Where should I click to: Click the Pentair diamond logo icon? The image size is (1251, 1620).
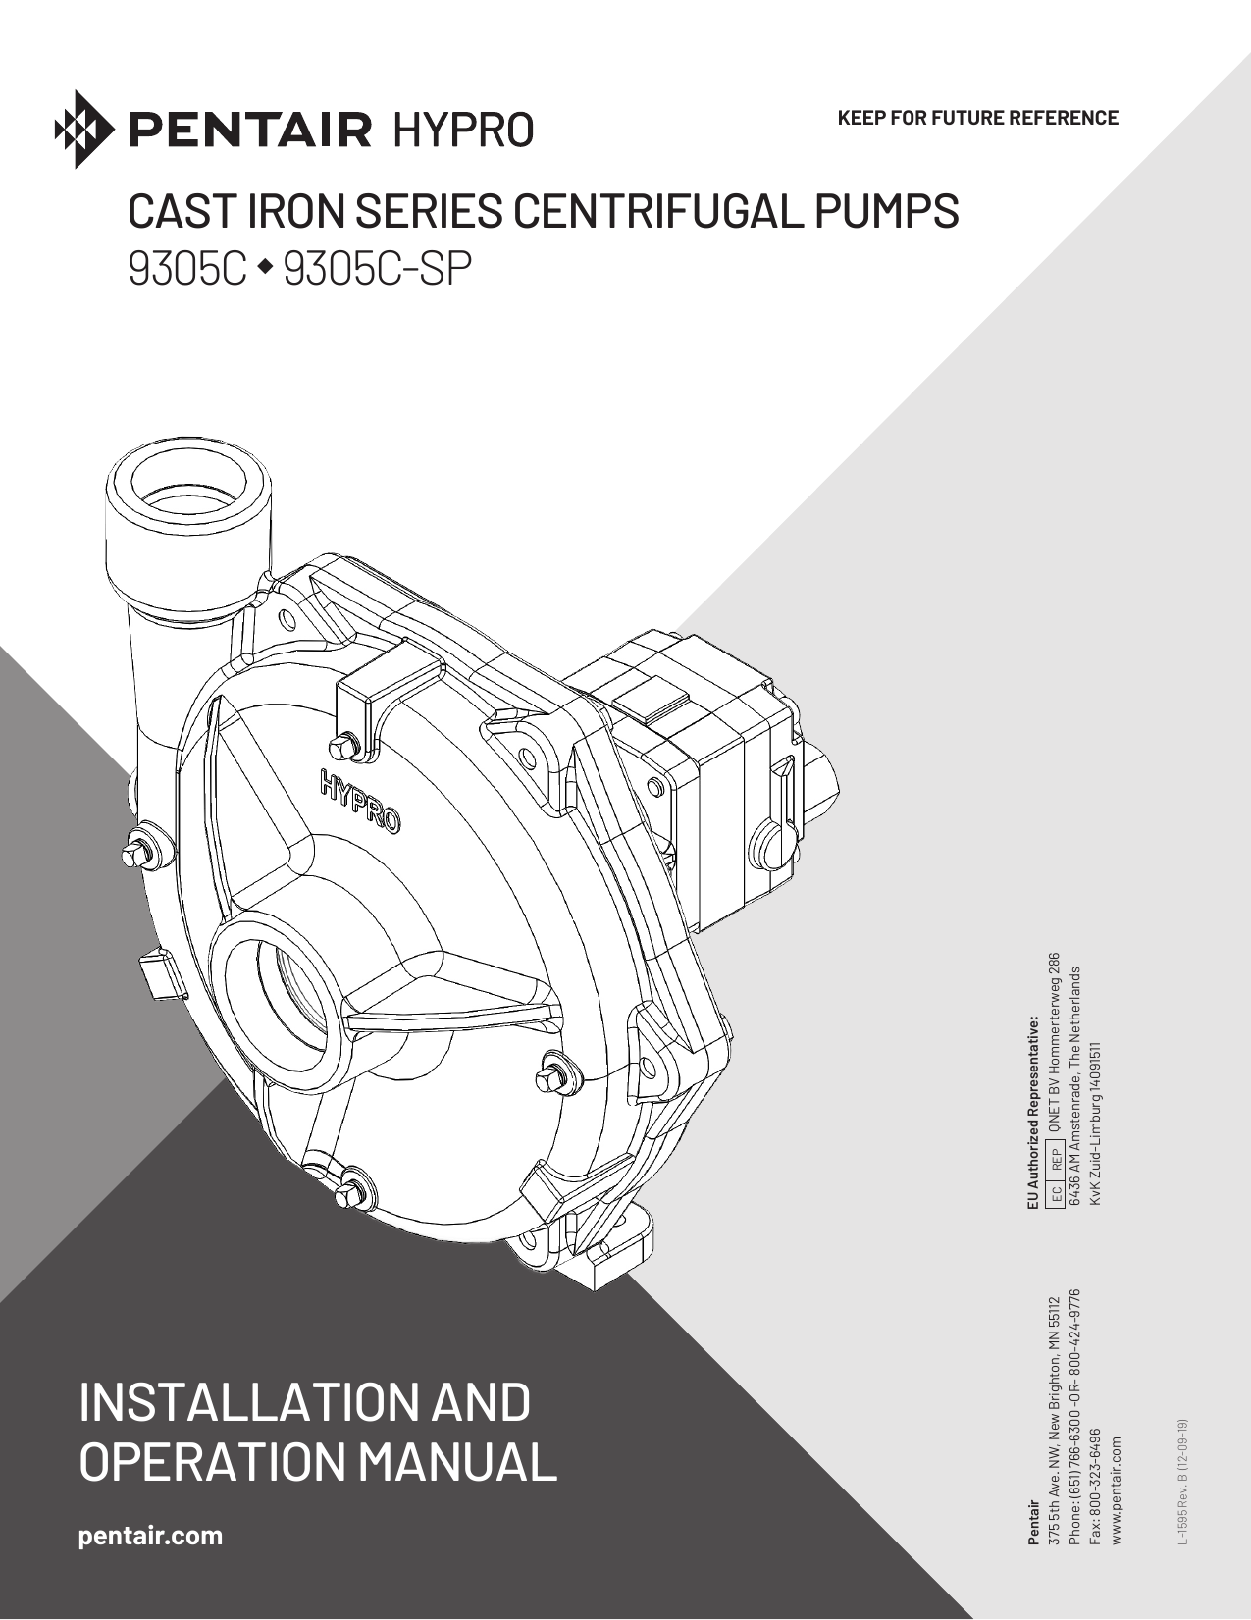(84, 129)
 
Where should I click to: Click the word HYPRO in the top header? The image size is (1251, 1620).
(463, 130)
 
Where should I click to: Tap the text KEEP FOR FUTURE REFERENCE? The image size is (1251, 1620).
(977, 118)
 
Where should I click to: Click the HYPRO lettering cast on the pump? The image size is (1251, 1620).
(359, 800)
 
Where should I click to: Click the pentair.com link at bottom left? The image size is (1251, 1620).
(150, 1536)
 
